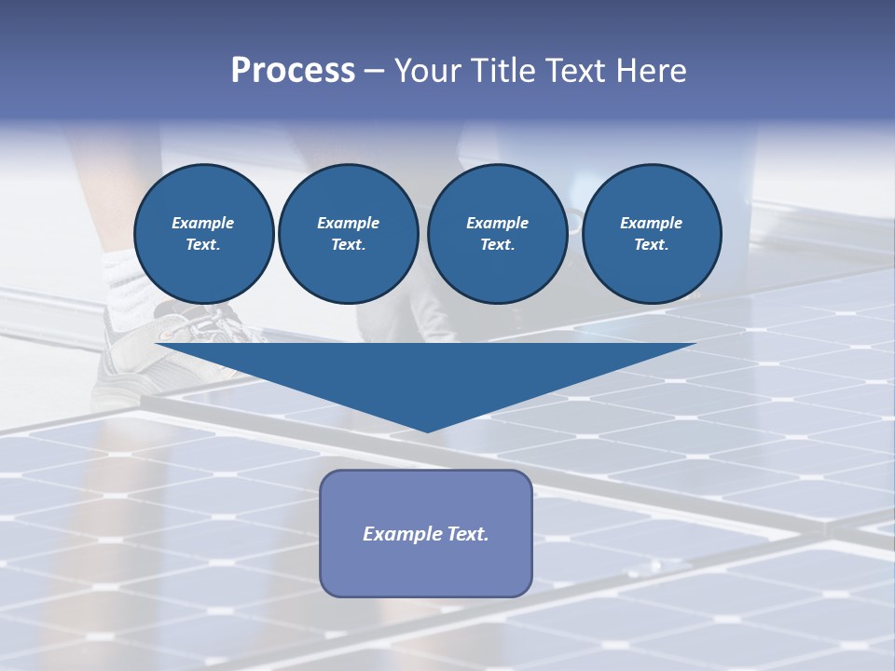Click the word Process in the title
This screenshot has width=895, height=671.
coord(293,71)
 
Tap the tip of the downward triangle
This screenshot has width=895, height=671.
coord(427,429)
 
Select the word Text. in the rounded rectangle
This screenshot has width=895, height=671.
coord(468,534)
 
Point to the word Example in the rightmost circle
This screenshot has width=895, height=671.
coord(652,223)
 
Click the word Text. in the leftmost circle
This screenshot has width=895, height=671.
coord(203,245)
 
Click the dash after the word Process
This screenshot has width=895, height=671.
coord(374,71)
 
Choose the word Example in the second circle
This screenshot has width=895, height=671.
coord(349,223)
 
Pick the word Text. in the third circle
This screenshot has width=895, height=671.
coord(497,245)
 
